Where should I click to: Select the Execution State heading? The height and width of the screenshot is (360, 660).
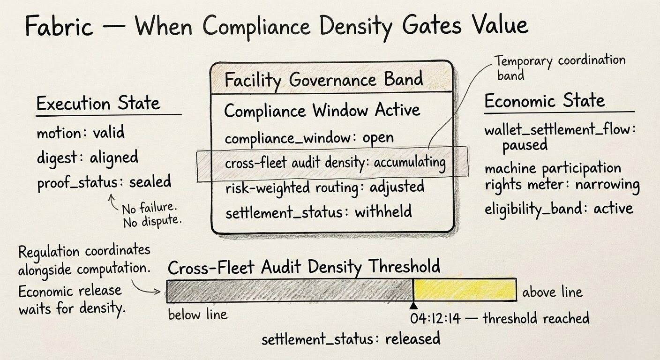click(x=98, y=104)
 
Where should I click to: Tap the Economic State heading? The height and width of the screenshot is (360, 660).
click(x=544, y=101)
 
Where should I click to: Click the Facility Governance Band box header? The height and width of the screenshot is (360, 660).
click(x=323, y=80)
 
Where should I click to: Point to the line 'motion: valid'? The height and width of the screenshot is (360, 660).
click(x=81, y=133)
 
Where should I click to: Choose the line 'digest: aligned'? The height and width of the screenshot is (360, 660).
click(x=88, y=157)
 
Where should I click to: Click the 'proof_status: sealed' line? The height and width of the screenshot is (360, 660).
click(x=104, y=182)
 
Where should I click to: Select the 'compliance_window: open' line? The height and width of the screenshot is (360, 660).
click(x=309, y=138)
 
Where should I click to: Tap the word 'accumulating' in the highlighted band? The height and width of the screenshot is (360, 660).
click(x=409, y=162)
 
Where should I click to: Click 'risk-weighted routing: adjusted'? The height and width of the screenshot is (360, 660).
click(x=324, y=187)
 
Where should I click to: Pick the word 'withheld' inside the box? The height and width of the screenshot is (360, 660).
click(x=383, y=212)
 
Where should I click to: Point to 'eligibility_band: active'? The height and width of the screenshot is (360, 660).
click(x=559, y=208)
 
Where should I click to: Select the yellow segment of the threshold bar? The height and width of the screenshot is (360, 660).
click(x=465, y=290)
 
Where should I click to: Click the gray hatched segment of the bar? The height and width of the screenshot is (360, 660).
click(x=289, y=291)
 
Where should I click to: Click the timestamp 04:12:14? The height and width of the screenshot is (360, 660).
click(x=435, y=319)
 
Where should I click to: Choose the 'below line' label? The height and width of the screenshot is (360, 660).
click(x=197, y=314)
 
